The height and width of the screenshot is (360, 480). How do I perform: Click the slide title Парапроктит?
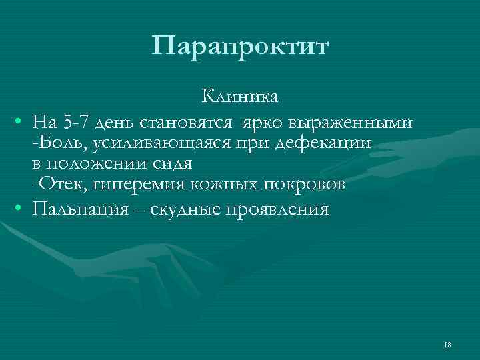[x=240, y=47]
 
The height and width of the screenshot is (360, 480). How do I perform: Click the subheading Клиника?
[x=241, y=97]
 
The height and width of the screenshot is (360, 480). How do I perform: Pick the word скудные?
[x=188, y=209]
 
